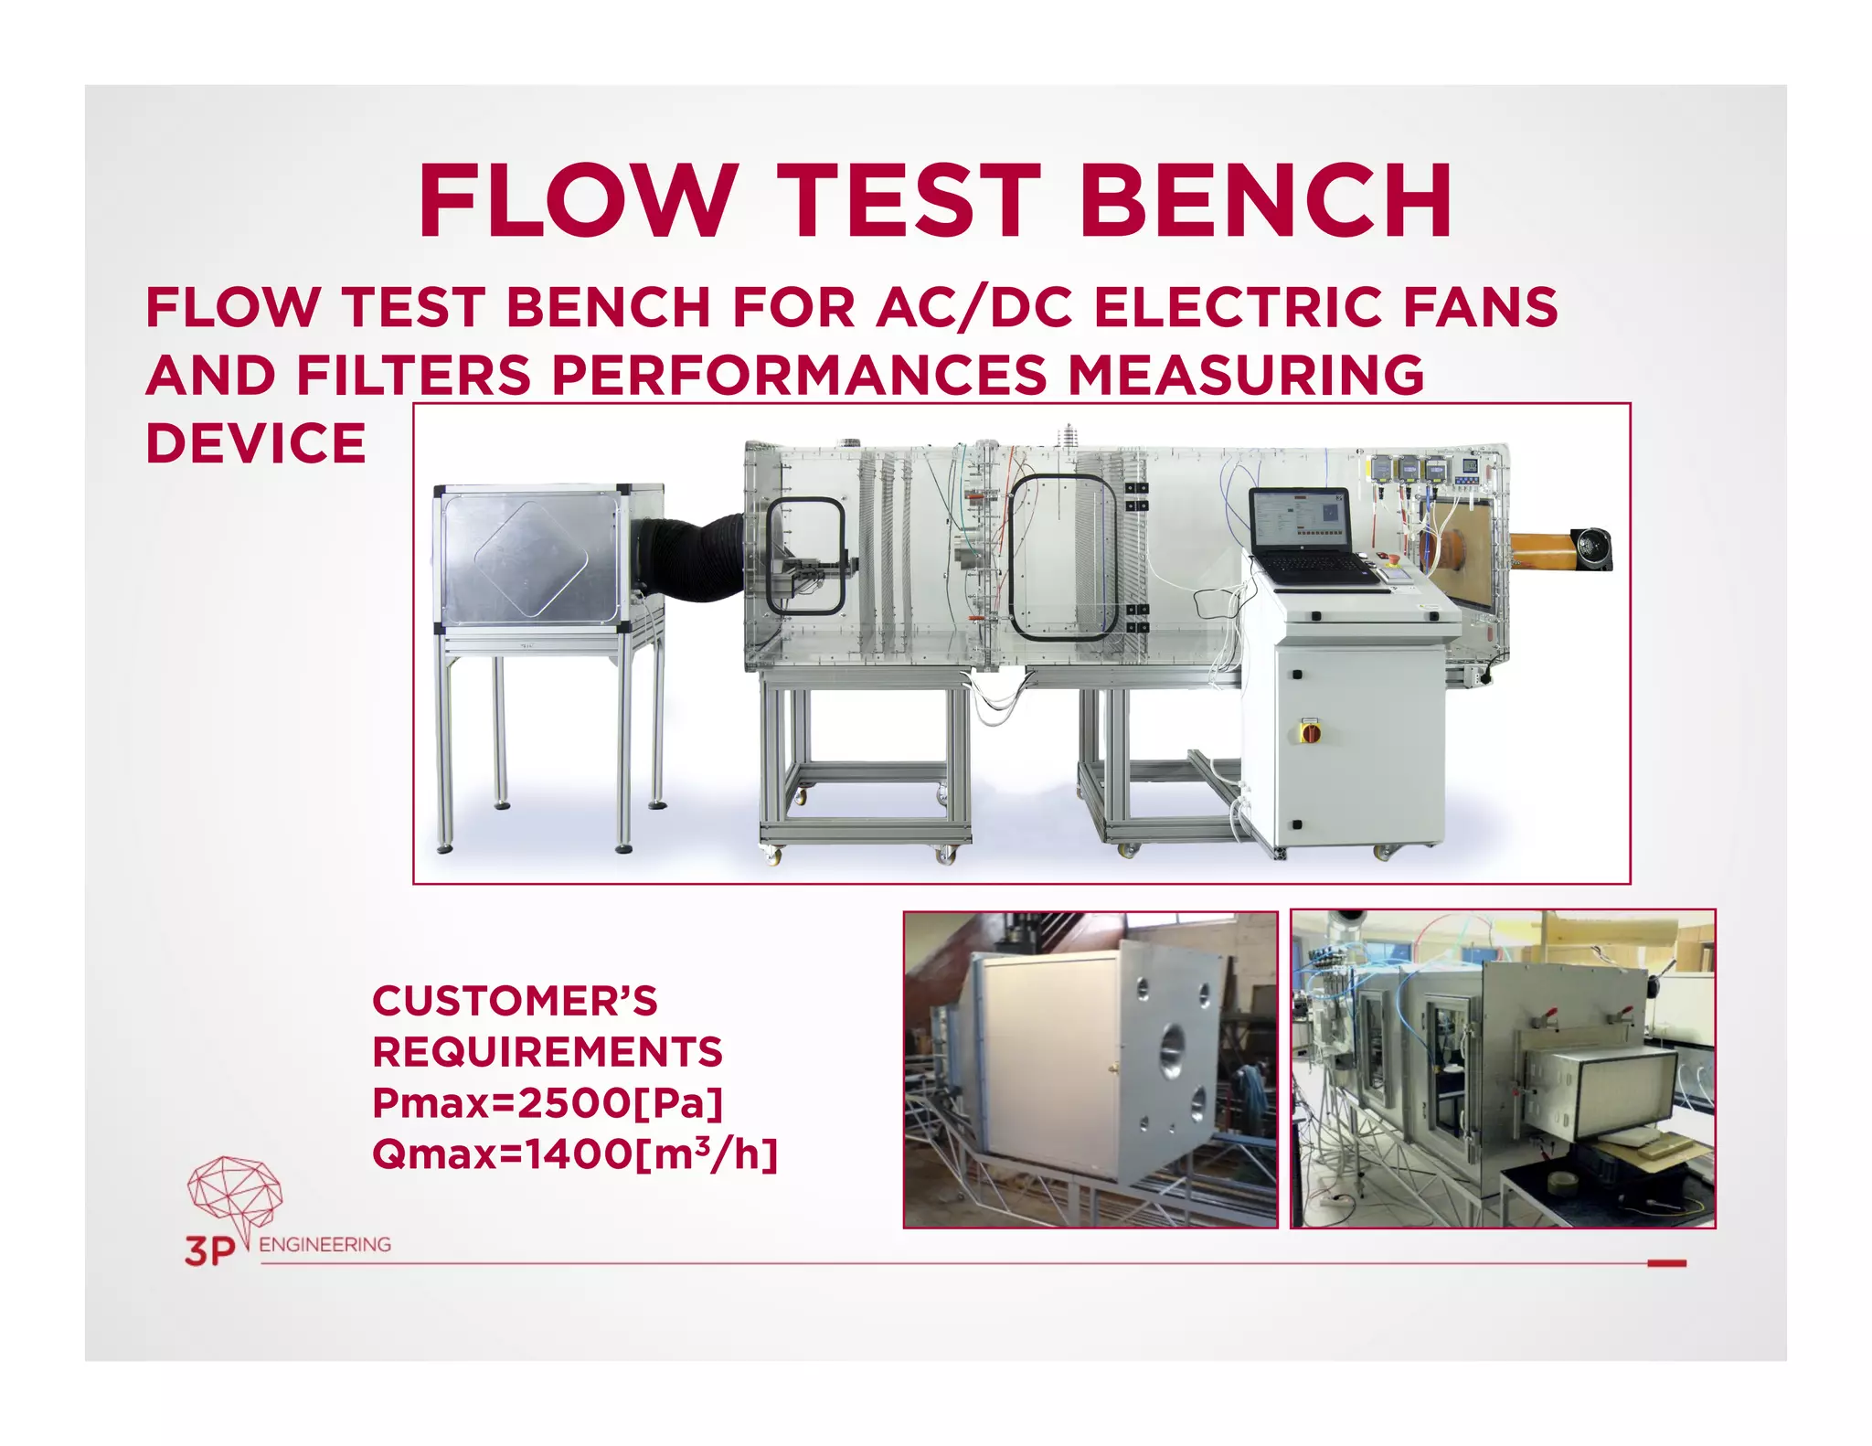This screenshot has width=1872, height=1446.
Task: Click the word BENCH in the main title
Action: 1266,201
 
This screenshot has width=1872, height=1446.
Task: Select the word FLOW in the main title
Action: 578,201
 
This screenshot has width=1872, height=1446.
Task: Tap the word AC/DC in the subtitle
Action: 974,307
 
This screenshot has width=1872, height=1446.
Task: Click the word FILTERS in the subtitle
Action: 414,376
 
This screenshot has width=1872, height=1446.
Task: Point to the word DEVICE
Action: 256,444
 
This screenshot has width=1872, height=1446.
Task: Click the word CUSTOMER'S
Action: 515,1001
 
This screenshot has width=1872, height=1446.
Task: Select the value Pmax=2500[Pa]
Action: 548,1103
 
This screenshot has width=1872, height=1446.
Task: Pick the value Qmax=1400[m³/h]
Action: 575,1154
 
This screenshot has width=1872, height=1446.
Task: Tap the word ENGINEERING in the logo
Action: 324,1245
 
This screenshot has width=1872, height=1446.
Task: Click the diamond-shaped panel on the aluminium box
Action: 530,559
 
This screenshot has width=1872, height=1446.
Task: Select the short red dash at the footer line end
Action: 1666,1263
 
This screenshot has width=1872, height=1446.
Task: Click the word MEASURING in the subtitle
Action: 1246,376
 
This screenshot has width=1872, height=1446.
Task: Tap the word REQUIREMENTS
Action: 548,1052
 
